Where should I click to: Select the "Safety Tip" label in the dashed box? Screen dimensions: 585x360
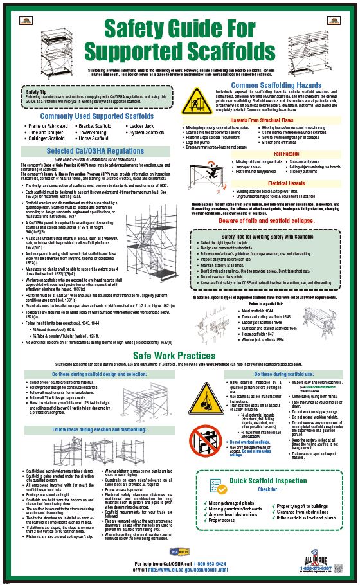(x=35, y=92)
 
